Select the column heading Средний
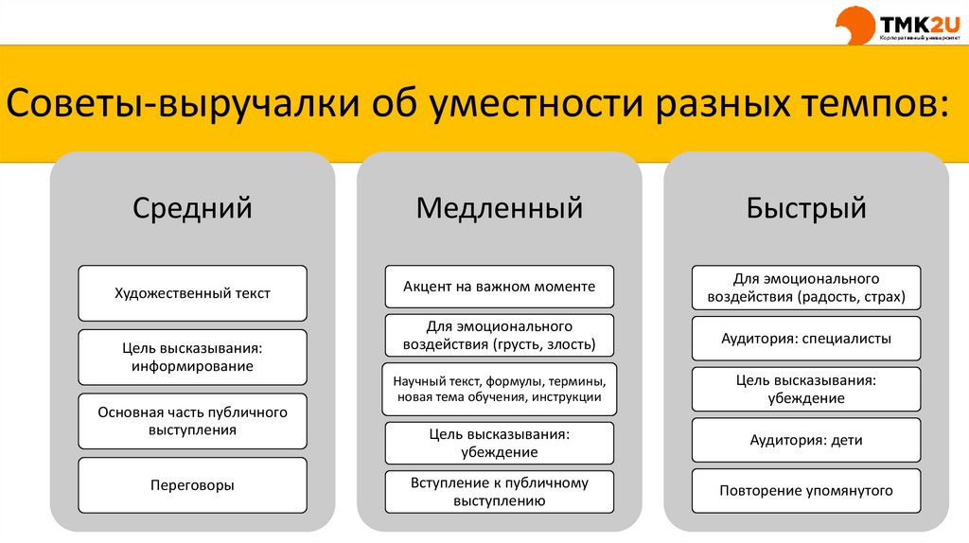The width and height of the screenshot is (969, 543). click(x=192, y=207)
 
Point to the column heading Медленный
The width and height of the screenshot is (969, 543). click(x=499, y=207)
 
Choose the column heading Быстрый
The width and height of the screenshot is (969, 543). click(x=806, y=207)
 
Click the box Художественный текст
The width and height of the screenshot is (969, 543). click(x=192, y=293)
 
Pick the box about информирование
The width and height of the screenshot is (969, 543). click(x=192, y=357)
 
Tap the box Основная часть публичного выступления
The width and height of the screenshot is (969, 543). click(x=192, y=421)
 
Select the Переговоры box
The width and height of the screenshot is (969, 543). click(x=192, y=485)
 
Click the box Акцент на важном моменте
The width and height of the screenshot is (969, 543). click(x=499, y=287)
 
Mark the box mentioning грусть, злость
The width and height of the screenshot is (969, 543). click(x=499, y=336)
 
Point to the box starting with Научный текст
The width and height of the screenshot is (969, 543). click(x=499, y=389)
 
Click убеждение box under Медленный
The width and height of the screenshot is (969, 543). click(x=499, y=443)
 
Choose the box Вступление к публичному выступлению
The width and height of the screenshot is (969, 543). click(x=499, y=492)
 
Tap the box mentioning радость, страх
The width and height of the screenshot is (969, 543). click(x=806, y=288)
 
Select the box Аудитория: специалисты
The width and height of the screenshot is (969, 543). click(x=806, y=338)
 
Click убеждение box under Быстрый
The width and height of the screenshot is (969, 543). click(x=806, y=389)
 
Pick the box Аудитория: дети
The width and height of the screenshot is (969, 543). click(x=806, y=440)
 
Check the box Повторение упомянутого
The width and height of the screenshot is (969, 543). click(x=806, y=491)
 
